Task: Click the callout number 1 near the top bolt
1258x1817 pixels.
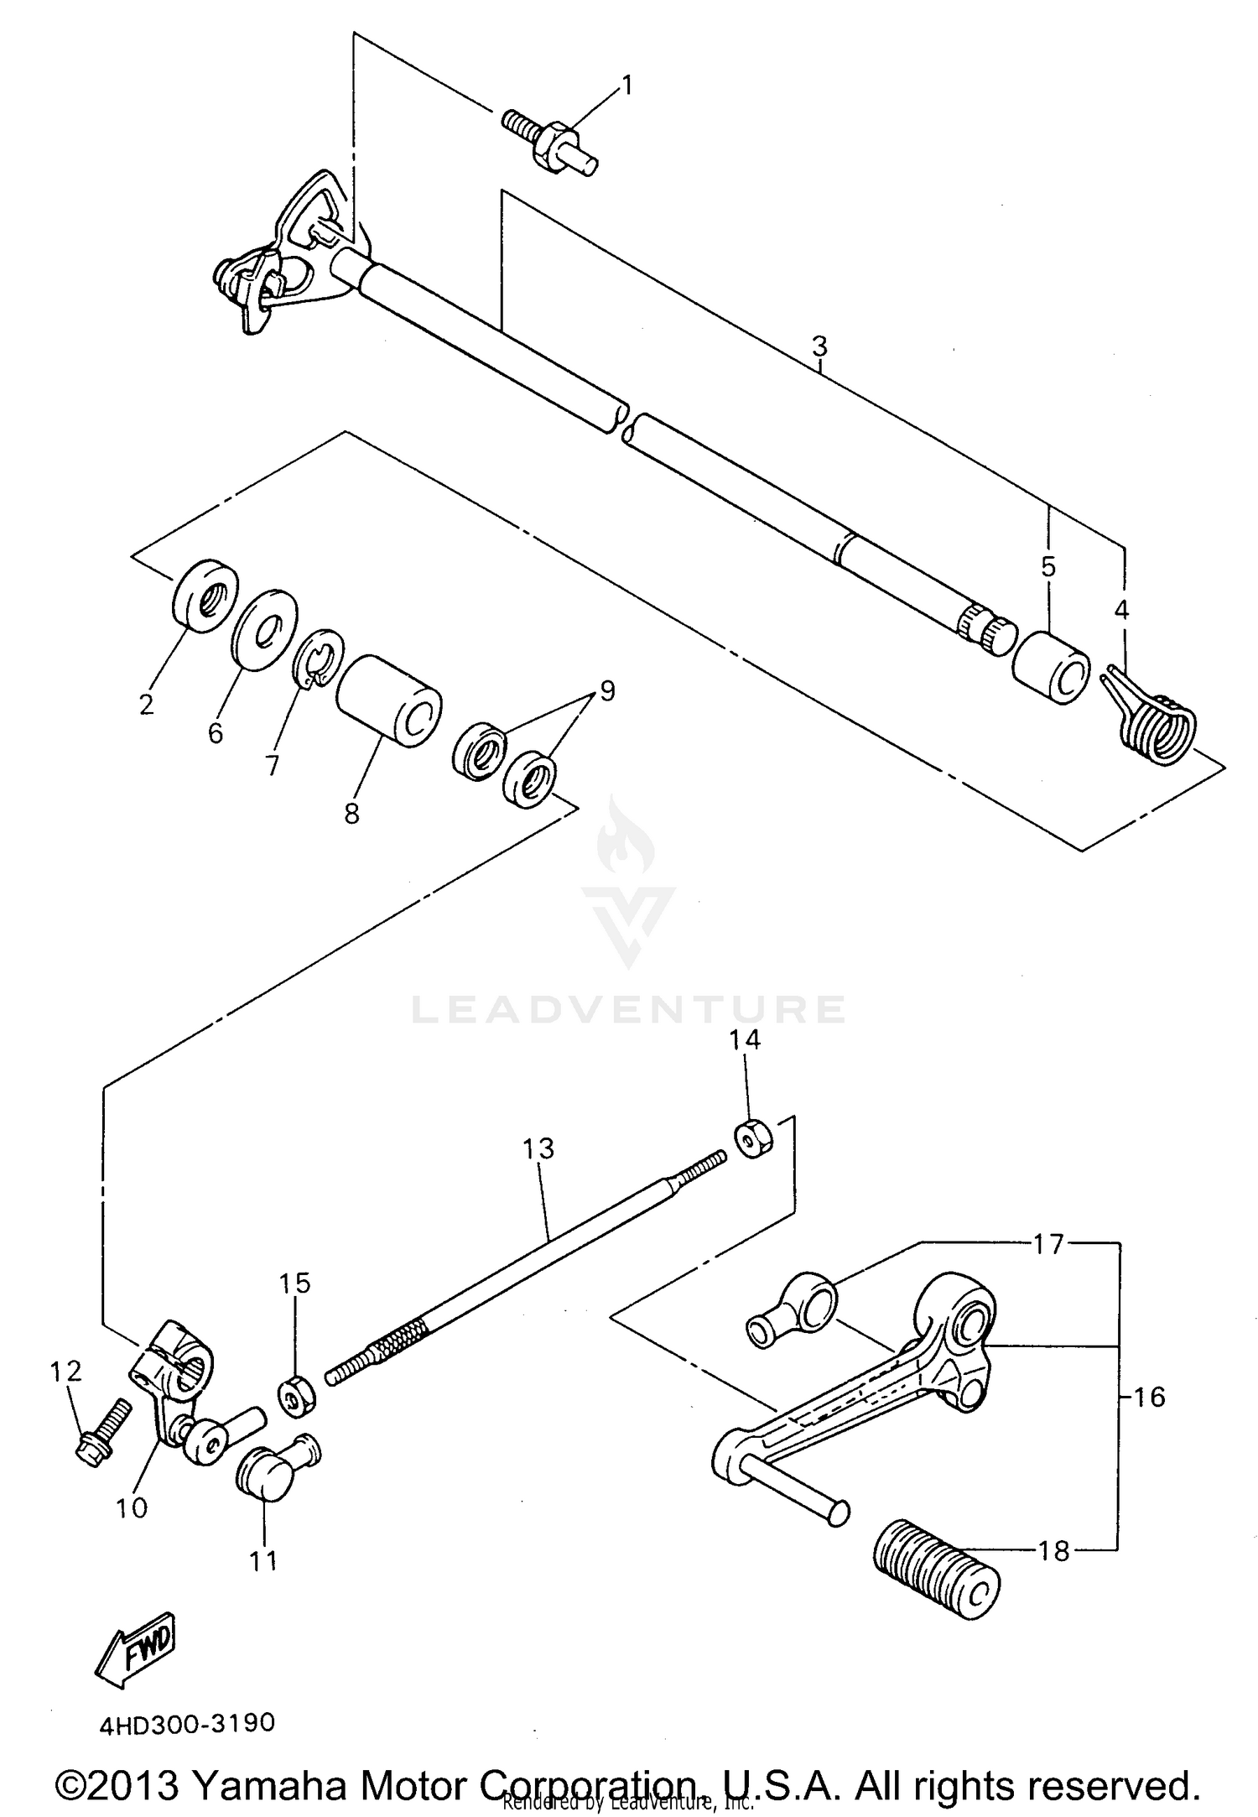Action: click(x=626, y=86)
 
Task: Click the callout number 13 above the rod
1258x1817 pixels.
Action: click(x=538, y=1148)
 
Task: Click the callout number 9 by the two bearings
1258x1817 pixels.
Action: click(x=606, y=690)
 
